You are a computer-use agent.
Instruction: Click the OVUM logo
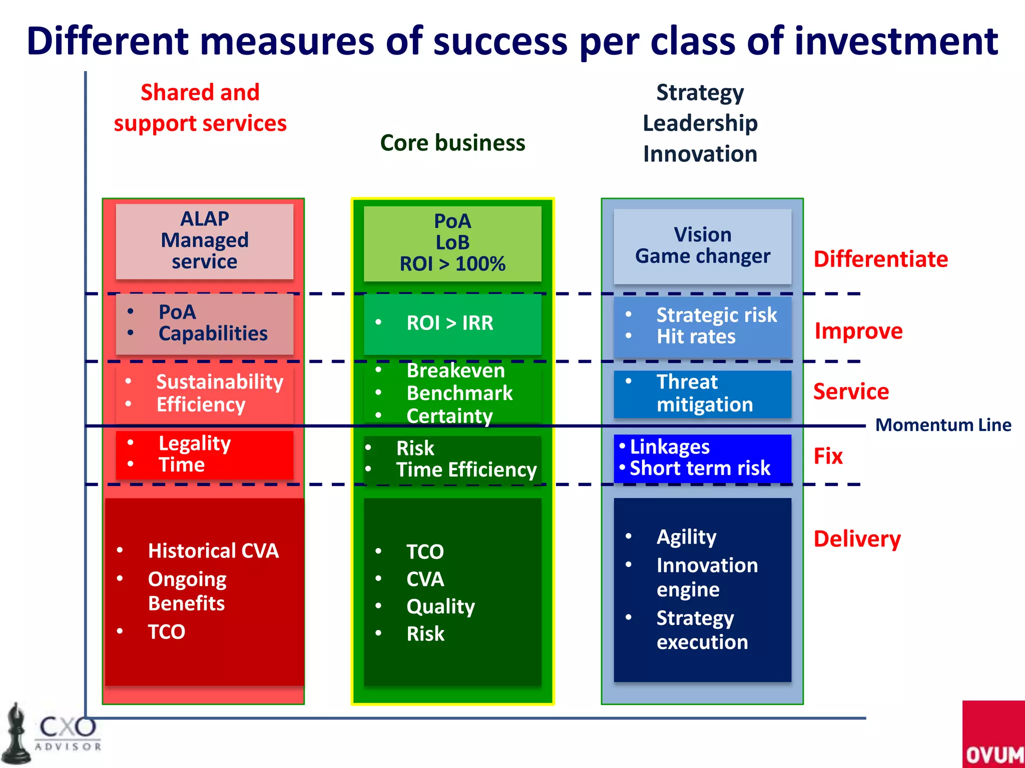993,735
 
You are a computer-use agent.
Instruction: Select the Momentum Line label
943,425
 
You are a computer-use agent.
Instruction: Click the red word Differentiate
880,259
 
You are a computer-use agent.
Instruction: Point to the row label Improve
858,331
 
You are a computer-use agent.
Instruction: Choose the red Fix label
828,456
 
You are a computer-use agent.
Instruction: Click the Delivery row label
857,539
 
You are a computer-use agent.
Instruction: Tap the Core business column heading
452,143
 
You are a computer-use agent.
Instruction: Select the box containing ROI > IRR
452,323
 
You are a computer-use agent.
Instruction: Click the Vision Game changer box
702,245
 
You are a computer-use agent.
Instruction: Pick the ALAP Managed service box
204,240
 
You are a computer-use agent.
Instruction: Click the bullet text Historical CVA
213,550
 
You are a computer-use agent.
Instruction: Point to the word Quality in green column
440,606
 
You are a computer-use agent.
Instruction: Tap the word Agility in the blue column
686,537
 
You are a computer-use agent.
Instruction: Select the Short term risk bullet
699,468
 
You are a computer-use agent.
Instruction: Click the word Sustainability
220,382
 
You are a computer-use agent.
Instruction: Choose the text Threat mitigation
704,393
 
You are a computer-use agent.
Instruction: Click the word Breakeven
455,370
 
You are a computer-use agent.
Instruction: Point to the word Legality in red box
194,443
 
